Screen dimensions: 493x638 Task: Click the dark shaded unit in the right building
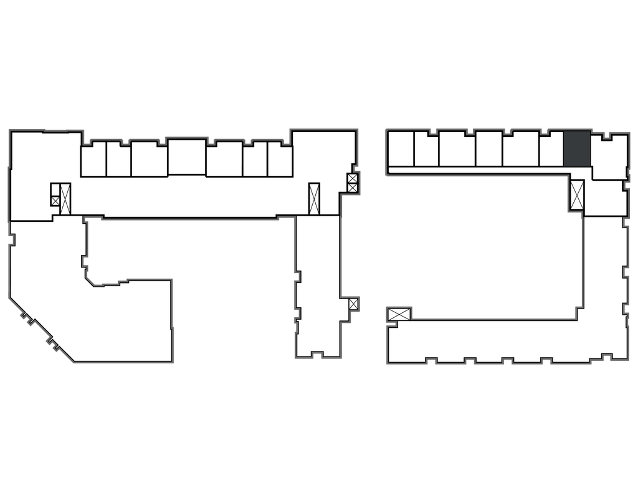coord(576,149)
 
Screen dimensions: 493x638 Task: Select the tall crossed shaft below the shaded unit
coord(578,195)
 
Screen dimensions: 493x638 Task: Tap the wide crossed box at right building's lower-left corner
coord(399,314)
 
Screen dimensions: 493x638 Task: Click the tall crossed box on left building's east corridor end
coord(314,198)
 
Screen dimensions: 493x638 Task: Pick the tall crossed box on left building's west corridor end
coord(65,194)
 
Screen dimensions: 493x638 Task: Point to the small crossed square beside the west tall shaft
coord(55,201)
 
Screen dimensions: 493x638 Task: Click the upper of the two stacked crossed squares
coord(353,178)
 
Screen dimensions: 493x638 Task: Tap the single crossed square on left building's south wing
coord(353,304)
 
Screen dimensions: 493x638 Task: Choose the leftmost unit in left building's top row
coord(93,160)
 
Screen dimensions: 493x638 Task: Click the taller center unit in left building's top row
coord(186,156)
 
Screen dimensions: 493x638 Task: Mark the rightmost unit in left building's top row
coord(280,160)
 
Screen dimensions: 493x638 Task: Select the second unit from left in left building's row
coord(118,160)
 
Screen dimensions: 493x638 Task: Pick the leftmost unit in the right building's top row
coord(401,150)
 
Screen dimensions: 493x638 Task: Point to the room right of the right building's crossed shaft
coord(605,198)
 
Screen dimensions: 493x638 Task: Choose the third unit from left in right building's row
coord(457,150)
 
